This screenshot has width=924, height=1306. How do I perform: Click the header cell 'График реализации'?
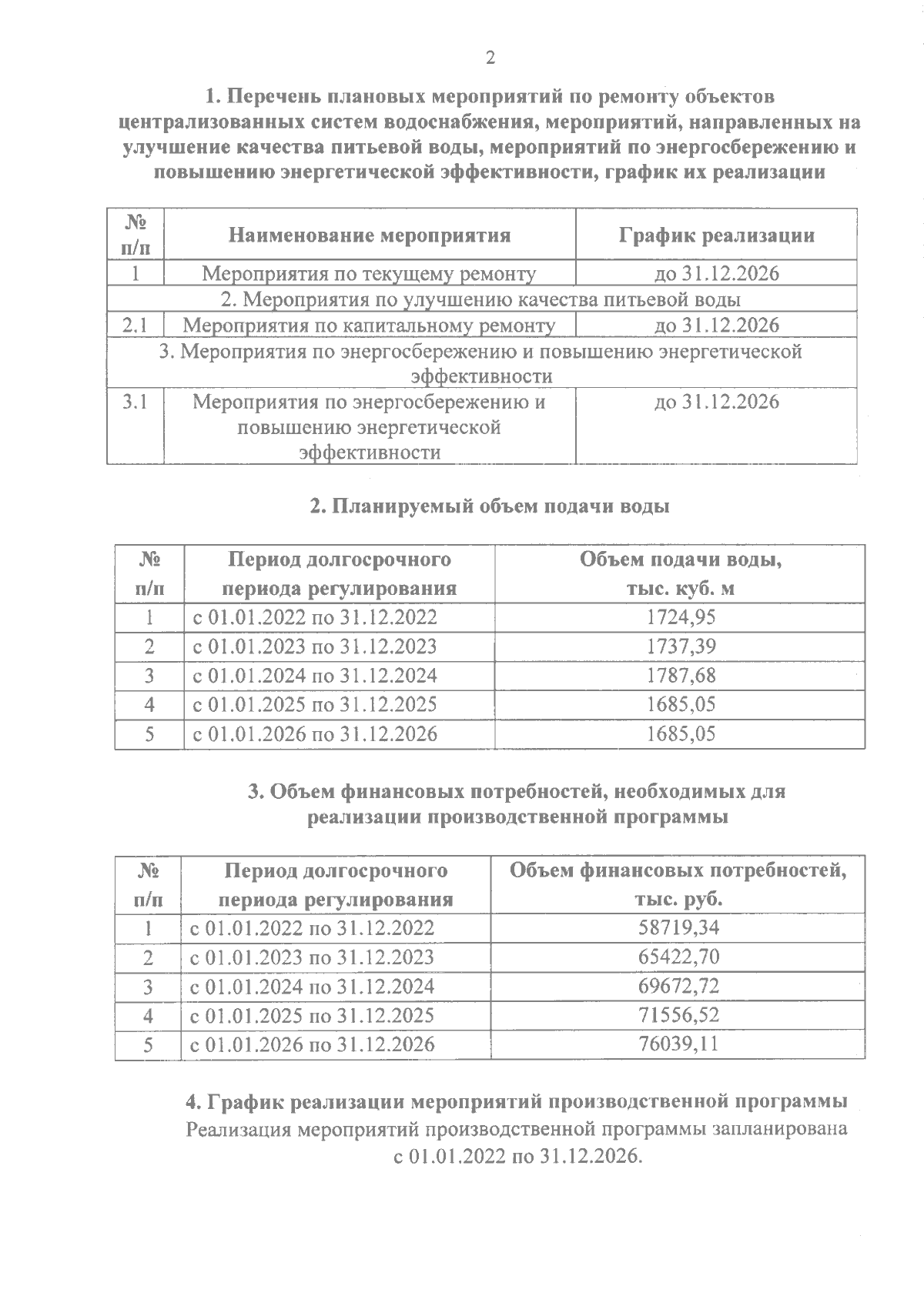(x=716, y=235)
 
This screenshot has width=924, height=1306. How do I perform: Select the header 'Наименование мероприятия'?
(x=369, y=235)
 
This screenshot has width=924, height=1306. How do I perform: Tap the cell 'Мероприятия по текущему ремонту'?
(x=369, y=273)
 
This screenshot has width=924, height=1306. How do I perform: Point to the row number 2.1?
(x=135, y=325)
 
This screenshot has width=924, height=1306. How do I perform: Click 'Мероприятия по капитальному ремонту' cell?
(x=369, y=326)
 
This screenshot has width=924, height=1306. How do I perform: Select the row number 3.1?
(x=135, y=402)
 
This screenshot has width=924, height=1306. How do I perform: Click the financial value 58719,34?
(x=678, y=928)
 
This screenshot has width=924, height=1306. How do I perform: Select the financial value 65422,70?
(x=678, y=957)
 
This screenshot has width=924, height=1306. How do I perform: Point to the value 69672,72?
(x=678, y=987)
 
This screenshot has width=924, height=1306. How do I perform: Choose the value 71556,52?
(x=678, y=1016)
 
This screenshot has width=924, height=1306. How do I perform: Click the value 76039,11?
(x=678, y=1044)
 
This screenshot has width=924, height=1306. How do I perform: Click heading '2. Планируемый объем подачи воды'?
(x=489, y=507)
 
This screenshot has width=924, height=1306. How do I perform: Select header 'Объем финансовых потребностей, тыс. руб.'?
(x=678, y=885)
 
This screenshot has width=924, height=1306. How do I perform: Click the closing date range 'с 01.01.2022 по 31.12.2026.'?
(x=517, y=1157)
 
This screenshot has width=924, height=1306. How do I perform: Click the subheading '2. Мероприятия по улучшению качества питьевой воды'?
(x=481, y=299)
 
